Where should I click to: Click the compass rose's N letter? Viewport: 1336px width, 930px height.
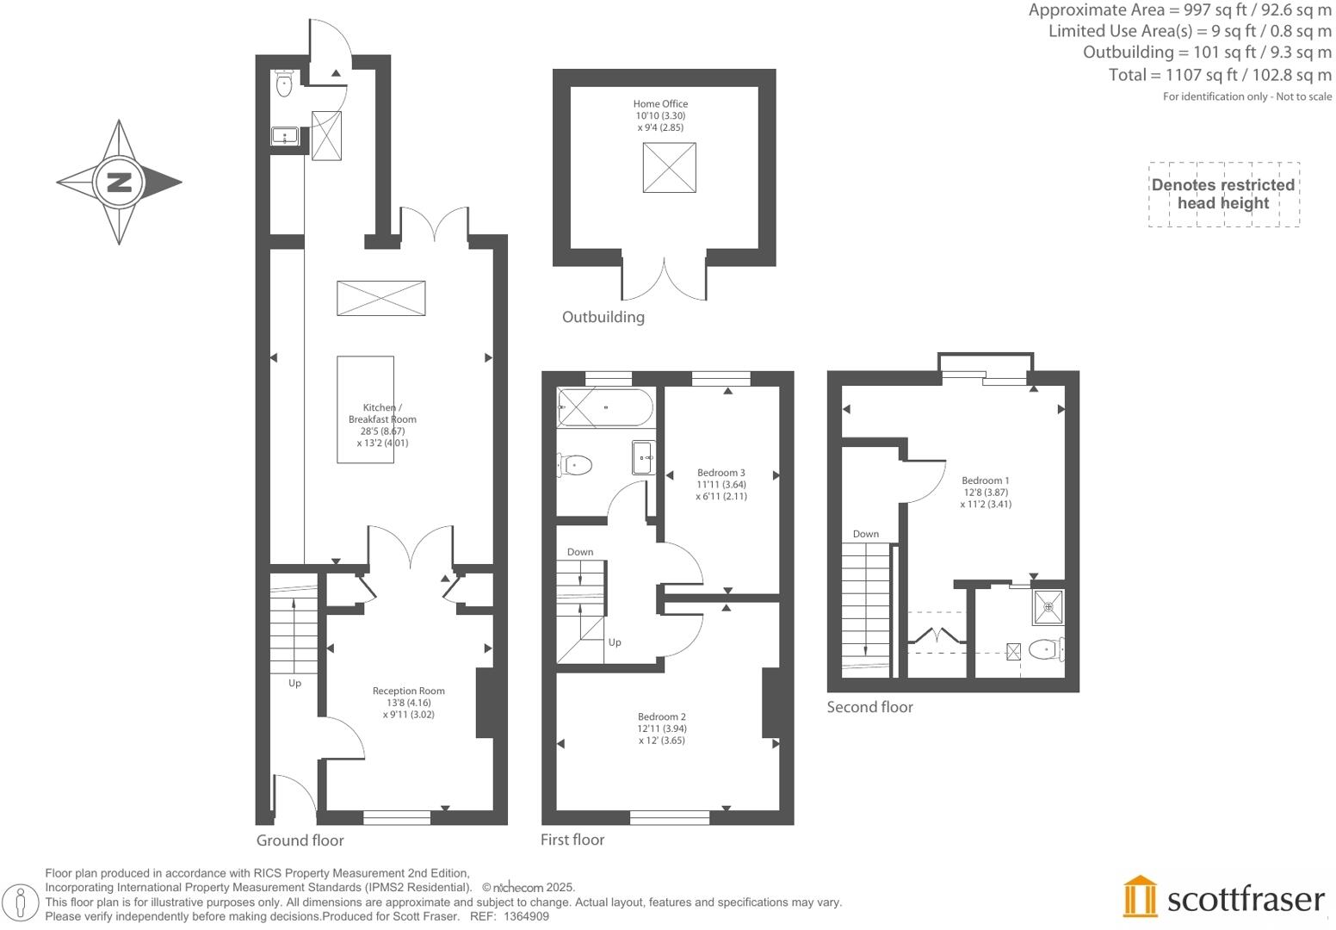tap(120, 183)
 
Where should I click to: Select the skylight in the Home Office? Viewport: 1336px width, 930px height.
tap(669, 167)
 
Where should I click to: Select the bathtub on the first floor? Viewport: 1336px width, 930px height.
tap(605, 407)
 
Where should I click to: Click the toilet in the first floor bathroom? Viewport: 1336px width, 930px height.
tap(575, 466)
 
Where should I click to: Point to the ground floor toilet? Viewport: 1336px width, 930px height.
tap(284, 84)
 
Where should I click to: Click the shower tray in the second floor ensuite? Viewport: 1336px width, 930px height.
tap(1048, 607)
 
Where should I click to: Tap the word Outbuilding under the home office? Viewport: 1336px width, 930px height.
tap(603, 317)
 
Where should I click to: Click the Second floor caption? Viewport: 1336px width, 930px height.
tap(869, 707)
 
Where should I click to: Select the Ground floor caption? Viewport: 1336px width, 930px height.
tap(300, 840)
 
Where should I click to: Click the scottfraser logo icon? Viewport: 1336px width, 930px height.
tap(1141, 897)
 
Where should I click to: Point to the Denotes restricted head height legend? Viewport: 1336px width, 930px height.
tap(1222, 195)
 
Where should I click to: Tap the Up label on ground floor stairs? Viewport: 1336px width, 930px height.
tap(294, 683)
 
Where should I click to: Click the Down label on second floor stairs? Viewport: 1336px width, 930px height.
tap(865, 534)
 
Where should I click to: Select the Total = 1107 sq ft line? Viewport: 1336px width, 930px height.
tap(1219, 75)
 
